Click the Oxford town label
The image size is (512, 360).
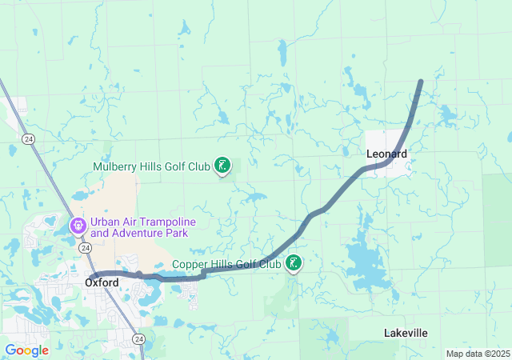(102, 282)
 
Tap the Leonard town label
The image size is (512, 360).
(386, 154)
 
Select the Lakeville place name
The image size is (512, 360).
(406, 333)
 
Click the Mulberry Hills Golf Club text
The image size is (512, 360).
(151, 167)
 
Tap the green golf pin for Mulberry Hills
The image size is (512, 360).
(222, 166)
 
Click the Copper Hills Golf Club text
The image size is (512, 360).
(226, 264)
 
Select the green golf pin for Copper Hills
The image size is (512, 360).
(294, 262)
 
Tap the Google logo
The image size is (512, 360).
(26, 350)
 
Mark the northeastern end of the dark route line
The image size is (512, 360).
(421, 82)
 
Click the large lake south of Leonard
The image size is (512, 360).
(370, 260)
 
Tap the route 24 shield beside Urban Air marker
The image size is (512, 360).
(85, 248)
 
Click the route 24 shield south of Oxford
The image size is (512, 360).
(139, 340)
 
